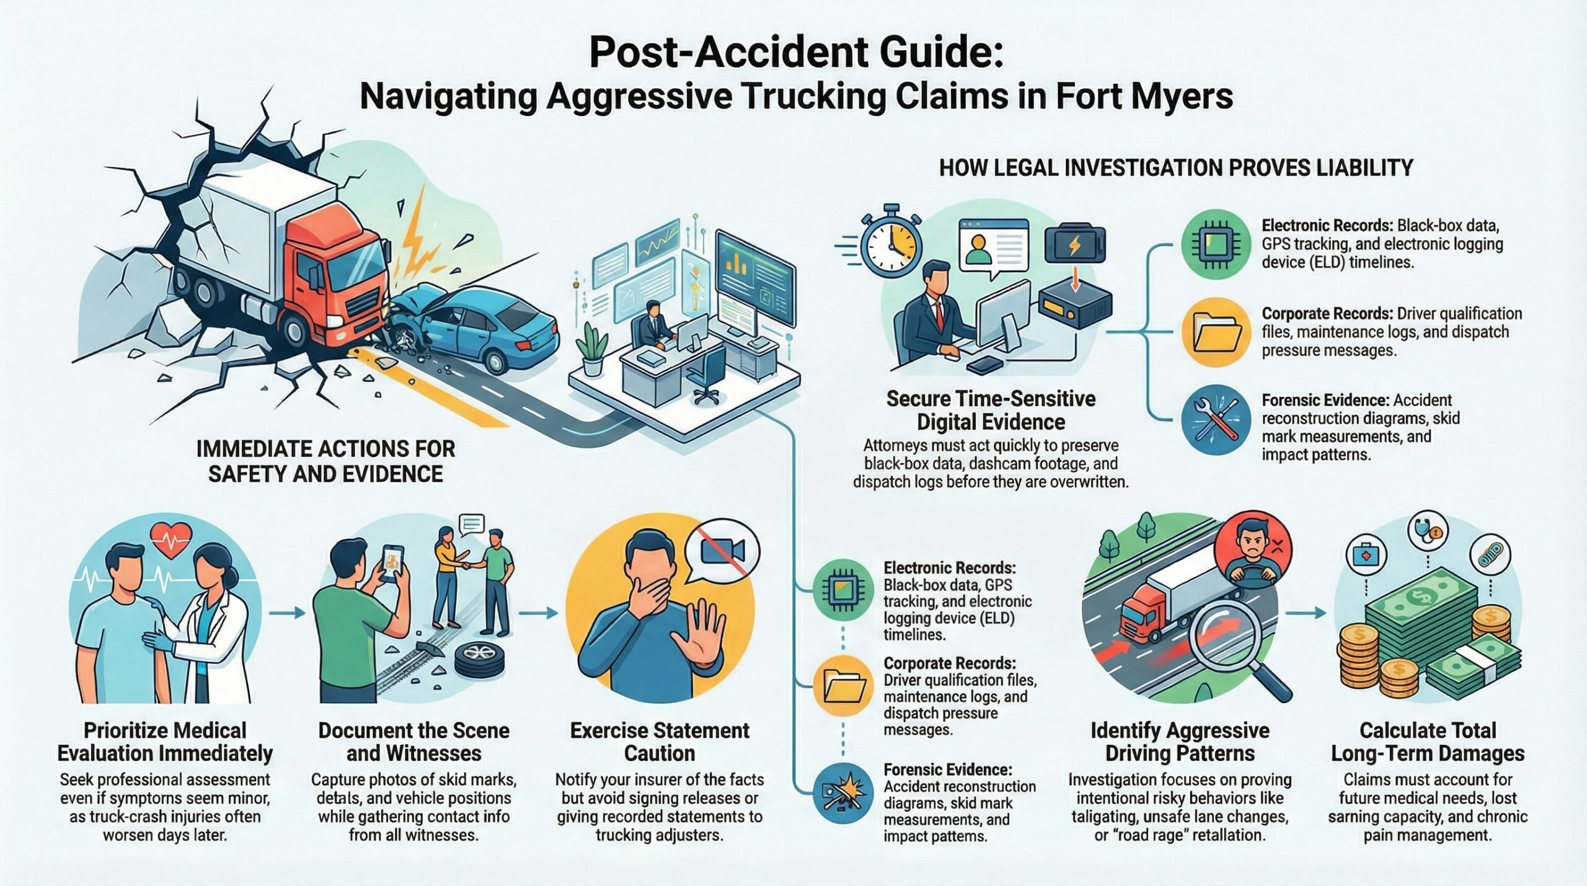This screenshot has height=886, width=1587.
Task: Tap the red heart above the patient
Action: tap(172, 541)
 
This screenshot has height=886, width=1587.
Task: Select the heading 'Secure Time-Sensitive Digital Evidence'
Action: tap(991, 410)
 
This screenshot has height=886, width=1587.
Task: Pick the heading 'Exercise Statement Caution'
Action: tap(660, 742)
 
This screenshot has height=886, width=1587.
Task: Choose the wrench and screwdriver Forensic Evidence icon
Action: tap(1216, 420)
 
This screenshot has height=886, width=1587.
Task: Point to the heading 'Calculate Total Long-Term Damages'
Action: tap(1428, 742)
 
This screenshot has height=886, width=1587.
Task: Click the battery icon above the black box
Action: tap(1074, 246)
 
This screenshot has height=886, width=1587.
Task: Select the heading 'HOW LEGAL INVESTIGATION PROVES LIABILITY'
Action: tap(1176, 167)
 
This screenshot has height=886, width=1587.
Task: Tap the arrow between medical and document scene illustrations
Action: tap(288, 613)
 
